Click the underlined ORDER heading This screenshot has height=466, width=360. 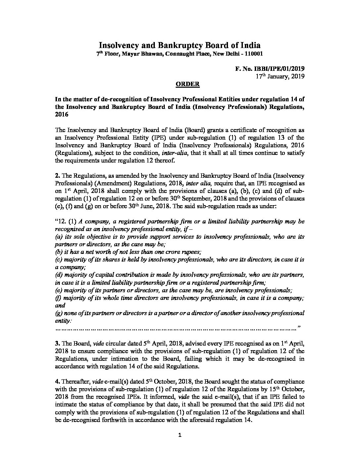click(187, 84)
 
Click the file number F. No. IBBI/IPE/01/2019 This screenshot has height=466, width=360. click(270, 69)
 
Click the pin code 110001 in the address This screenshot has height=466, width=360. click(253, 54)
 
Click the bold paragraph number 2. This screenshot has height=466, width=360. click(57, 175)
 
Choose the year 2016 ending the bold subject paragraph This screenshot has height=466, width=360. click(61, 115)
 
